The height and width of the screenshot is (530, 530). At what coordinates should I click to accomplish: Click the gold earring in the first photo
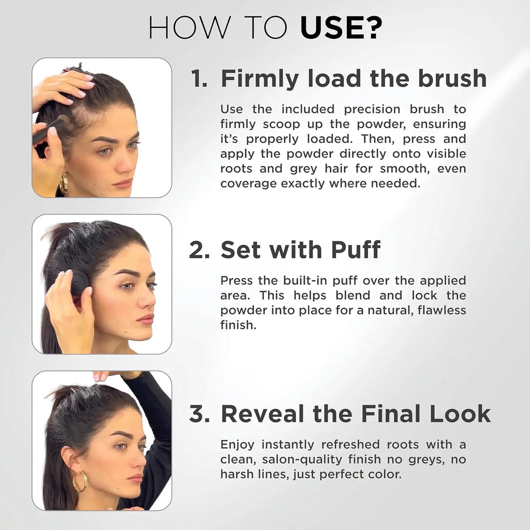(x=64, y=184)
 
